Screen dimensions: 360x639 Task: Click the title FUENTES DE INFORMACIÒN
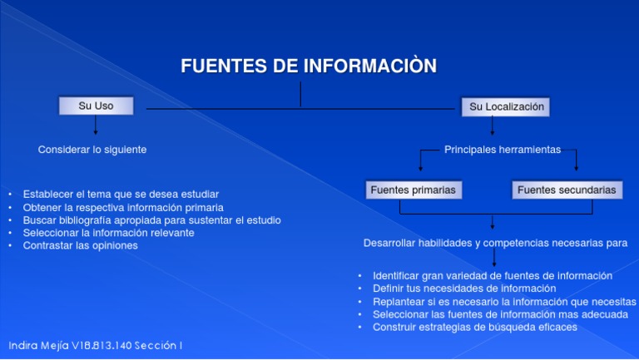pos(309,67)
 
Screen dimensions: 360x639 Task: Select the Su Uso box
pos(96,106)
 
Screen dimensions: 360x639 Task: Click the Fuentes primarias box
pos(413,190)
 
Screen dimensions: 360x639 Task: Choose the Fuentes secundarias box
pos(567,190)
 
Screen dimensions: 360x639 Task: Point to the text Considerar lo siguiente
pos(92,150)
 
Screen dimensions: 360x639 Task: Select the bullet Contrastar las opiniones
pos(81,246)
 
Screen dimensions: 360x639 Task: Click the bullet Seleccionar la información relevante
pos(109,233)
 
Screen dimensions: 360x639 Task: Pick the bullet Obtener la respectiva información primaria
pos(123,207)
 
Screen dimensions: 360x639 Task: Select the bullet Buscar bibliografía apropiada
pos(152,220)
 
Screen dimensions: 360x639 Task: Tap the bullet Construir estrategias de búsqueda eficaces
pos(475,328)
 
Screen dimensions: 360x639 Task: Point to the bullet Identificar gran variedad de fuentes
pos(493,275)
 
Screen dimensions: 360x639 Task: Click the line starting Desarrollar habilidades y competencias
pos(495,244)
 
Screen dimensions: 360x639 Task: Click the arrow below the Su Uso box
pos(96,126)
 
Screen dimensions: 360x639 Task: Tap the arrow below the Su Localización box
pos(493,126)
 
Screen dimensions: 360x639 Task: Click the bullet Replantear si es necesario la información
pos(504,302)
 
